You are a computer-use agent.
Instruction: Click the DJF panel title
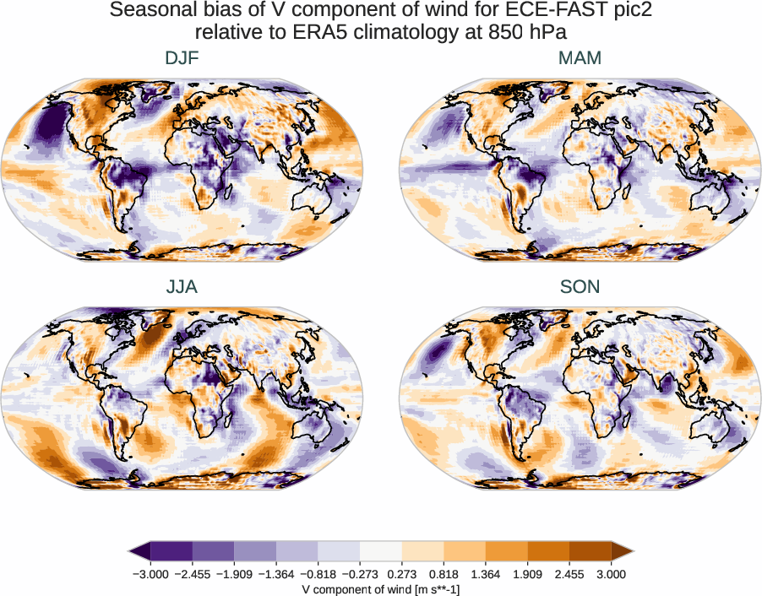point(182,59)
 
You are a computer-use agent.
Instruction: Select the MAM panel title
point(580,59)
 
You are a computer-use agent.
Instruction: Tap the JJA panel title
point(182,287)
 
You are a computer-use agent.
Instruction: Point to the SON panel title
point(580,287)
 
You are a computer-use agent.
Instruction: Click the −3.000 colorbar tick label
point(150,574)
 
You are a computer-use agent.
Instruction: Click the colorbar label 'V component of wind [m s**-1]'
point(380,589)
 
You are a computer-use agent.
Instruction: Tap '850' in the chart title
point(501,33)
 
